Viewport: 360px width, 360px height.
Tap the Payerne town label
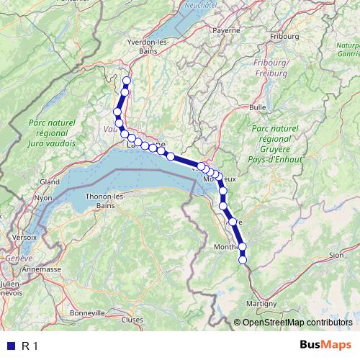point(227,31)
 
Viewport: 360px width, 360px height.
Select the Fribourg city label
point(284,35)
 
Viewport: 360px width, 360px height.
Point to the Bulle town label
point(258,107)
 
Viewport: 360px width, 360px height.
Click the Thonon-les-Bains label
point(107,200)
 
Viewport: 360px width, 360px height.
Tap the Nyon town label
point(44,197)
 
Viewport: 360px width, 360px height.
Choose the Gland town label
point(50,181)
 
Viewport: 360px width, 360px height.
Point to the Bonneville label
point(88,312)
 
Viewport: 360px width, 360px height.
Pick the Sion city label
point(336,255)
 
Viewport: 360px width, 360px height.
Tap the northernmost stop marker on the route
point(127,81)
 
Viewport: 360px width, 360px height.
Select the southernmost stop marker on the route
point(243,259)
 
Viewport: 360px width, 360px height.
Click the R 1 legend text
point(30,346)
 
